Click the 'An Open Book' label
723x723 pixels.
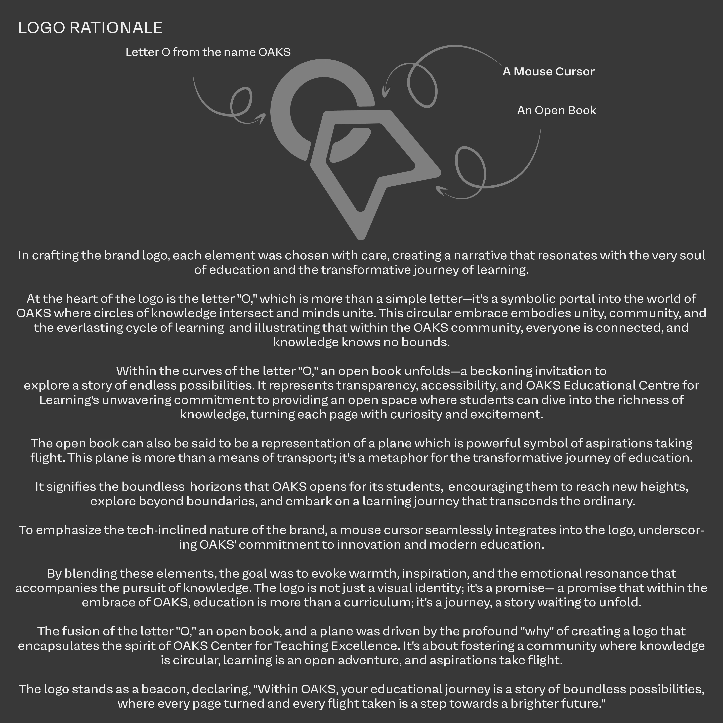point(557,110)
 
